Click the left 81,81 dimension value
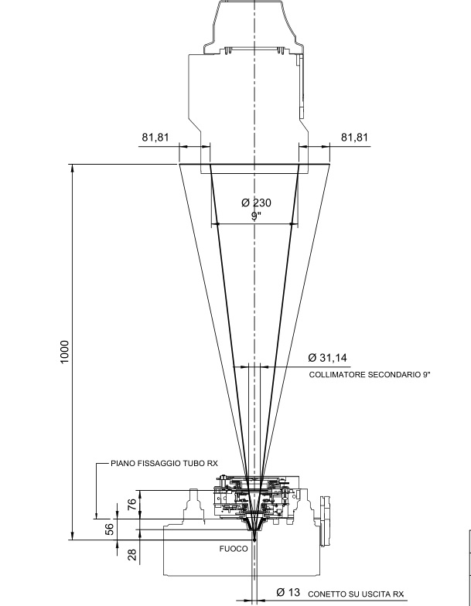pos(155,138)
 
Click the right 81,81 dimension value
pos(354,138)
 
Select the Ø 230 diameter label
pos(257,203)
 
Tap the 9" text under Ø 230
pos(256,216)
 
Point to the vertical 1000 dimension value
pos(64,352)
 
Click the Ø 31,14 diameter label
pos(328,357)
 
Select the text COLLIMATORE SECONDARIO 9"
pos(370,374)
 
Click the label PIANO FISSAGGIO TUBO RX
pos(164,464)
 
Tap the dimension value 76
pos(131,504)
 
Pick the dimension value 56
pos(110,529)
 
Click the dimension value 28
pos(131,555)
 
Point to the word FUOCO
pos(234,549)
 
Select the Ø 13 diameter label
pos(288,592)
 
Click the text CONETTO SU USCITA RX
pos(356,594)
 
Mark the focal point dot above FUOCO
pos(254,540)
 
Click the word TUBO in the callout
pos(195,464)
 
